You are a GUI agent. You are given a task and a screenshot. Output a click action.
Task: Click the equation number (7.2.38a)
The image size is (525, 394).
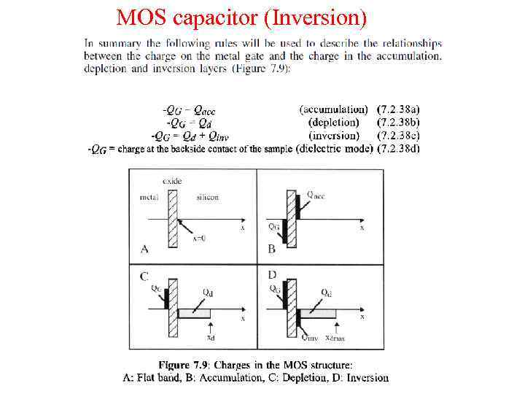tap(399, 109)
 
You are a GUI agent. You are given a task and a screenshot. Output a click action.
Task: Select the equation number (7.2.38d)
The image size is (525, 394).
tap(399, 149)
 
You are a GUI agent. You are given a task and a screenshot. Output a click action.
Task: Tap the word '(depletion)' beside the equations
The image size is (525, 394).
tap(333, 123)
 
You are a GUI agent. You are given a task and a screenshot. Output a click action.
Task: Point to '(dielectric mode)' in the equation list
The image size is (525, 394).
tap(335, 149)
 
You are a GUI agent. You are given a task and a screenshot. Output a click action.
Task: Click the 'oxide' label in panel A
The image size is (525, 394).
tap(173, 180)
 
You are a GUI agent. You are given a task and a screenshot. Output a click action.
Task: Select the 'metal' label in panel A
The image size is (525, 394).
tap(149, 197)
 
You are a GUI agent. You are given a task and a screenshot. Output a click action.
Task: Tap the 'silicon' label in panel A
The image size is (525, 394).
tap(208, 197)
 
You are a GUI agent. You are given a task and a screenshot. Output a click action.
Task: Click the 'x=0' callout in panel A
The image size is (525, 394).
tap(198, 238)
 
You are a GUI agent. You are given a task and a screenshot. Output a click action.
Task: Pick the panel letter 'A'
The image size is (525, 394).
tap(144, 249)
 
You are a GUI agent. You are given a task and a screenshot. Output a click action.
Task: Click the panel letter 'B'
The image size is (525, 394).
tap(271, 249)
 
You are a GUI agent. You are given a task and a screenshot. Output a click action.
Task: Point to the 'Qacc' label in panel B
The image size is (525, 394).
tap(316, 195)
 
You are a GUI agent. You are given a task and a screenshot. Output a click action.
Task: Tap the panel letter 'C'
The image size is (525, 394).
tap(144, 277)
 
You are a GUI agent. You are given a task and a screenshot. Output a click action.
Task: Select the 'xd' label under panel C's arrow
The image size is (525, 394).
tap(211, 338)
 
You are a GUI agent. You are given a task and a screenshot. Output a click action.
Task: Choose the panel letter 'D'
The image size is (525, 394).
tap(272, 275)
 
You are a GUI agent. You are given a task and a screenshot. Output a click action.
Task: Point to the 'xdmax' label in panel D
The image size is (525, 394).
tap(335, 338)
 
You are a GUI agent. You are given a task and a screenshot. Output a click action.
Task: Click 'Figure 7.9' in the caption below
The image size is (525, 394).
tap(184, 365)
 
